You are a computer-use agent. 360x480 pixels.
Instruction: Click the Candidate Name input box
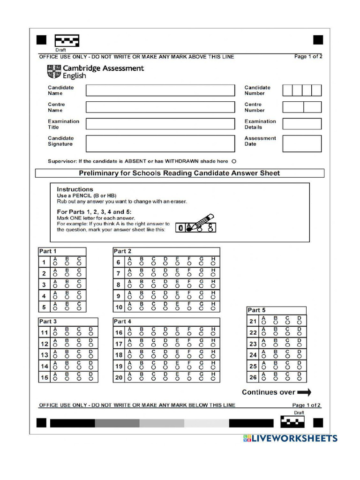(x=160, y=90)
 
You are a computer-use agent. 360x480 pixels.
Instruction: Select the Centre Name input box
(x=160, y=107)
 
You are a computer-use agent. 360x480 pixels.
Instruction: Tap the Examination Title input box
(x=160, y=124)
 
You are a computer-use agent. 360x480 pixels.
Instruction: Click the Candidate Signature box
(x=160, y=143)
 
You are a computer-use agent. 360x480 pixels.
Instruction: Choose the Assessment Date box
(x=302, y=143)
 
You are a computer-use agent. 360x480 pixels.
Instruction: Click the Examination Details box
(x=302, y=124)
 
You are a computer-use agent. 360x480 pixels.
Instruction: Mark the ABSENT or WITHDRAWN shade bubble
(x=234, y=161)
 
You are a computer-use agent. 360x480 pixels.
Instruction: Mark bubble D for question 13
(x=91, y=357)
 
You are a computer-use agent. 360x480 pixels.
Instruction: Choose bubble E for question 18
(x=177, y=357)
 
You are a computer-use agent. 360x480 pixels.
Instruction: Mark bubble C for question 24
(x=287, y=357)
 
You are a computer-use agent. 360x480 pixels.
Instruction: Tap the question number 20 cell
(x=119, y=378)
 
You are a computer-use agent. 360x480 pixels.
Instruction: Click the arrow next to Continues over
(x=304, y=393)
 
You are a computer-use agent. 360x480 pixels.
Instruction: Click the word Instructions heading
(x=75, y=189)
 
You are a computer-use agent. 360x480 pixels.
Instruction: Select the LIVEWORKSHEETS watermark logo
(x=290, y=438)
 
